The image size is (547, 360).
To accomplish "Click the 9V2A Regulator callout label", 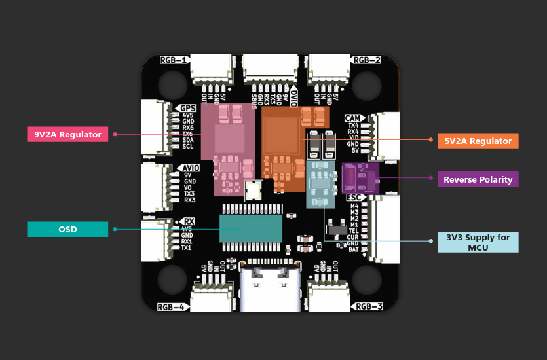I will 67,134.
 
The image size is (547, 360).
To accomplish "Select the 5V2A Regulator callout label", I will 478,141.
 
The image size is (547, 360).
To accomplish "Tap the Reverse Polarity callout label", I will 478,179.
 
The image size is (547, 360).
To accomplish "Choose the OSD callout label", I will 67,229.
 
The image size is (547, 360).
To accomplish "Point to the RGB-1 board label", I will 174,60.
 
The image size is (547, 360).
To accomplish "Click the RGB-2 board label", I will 366,60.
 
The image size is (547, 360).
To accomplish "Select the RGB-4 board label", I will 172,306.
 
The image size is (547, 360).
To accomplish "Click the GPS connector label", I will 188,108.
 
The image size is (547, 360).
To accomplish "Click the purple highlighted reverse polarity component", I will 360,178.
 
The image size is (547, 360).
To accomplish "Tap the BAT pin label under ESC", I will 353,249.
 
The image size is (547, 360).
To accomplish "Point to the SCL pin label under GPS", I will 188,147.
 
